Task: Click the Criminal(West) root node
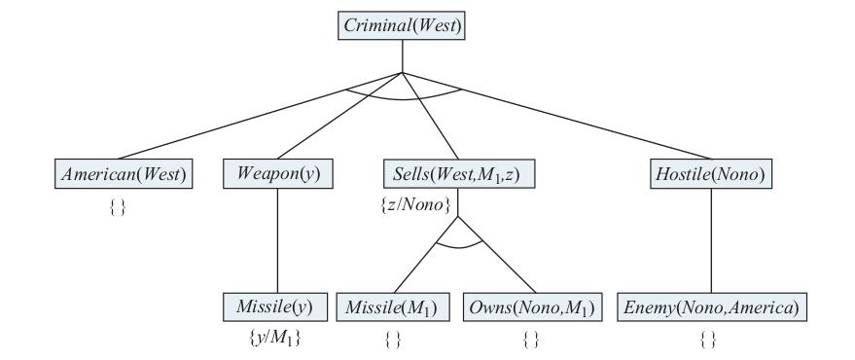pos(402,25)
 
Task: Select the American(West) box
pos(124,173)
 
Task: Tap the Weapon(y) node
pos(277,173)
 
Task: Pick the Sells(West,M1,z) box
pos(458,173)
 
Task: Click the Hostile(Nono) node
pos(711,173)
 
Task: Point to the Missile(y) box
pos(275,307)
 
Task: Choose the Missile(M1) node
pos(393,307)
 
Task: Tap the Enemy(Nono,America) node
pos(712,307)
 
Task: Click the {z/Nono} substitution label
pos(416,205)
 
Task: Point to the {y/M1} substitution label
pos(275,339)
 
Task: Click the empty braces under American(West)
pos(118,207)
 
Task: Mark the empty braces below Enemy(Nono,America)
pos(708,340)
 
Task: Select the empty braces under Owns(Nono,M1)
pos(530,340)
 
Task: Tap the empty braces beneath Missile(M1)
pos(393,340)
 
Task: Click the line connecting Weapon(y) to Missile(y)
pos(277,240)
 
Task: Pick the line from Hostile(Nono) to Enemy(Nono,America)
pos(711,240)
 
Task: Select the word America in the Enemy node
pos(764,307)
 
